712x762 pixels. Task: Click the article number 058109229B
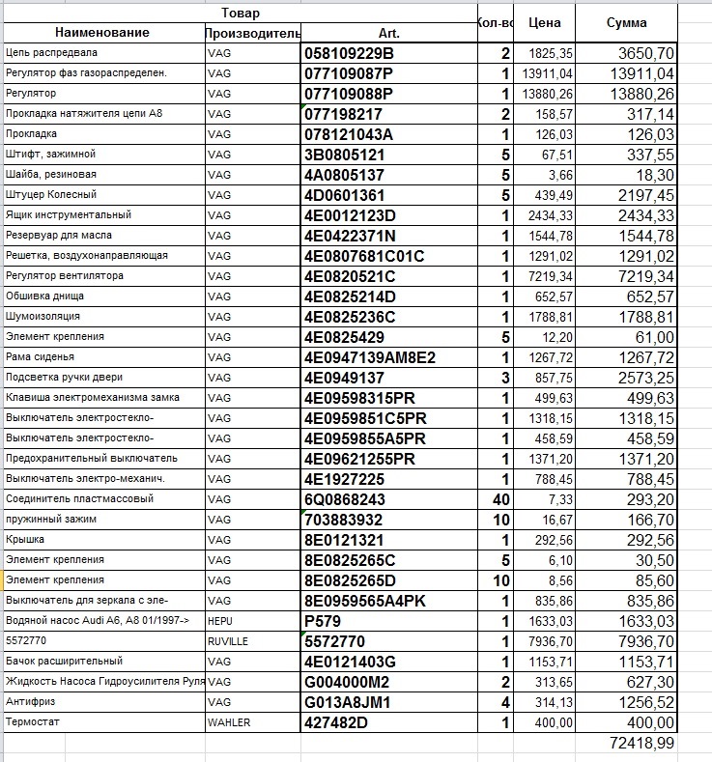349,52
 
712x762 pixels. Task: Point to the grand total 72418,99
642,743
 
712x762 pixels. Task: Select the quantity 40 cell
499,499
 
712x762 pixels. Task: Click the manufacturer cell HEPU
220,620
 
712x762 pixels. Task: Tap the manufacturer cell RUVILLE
228,640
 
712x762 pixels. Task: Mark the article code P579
323,620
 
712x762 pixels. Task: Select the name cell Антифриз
29,701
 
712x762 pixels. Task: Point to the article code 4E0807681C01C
364,256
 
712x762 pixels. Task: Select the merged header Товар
240,13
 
